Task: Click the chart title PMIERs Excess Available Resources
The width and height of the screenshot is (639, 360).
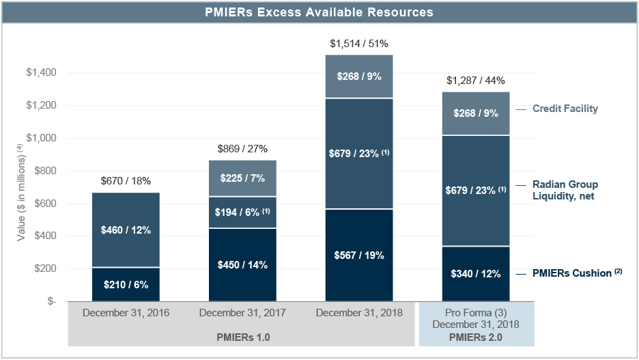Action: [x=319, y=12]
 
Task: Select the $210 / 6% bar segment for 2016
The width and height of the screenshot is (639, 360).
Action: [x=126, y=284]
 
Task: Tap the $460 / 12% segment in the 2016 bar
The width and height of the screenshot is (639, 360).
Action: [x=126, y=230]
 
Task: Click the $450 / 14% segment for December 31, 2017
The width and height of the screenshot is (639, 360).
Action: [x=242, y=265]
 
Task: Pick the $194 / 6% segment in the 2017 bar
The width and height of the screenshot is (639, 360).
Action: [x=242, y=212]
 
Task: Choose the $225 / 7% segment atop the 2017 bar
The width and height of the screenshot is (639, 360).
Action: [x=242, y=178]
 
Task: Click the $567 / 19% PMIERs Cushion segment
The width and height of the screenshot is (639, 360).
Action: [x=360, y=255]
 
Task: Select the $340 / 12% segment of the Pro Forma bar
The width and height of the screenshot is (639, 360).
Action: [x=476, y=274]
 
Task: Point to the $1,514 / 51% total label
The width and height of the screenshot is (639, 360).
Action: [x=359, y=44]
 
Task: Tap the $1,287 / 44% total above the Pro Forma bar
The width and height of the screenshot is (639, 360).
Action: [x=476, y=81]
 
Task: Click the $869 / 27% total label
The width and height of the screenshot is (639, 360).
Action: [x=242, y=148]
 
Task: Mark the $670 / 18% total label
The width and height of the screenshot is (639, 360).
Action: [x=126, y=181]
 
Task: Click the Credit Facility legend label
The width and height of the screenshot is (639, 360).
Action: [x=565, y=109]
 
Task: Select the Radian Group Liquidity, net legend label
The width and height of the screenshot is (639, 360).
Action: [x=565, y=190]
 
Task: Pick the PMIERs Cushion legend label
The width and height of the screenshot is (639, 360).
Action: [x=572, y=273]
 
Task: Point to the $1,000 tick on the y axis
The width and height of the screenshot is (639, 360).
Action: [x=42, y=138]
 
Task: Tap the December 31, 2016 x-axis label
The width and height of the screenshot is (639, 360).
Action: [x=126, y=313]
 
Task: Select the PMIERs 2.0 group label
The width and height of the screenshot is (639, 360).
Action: [x=476, y=337]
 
